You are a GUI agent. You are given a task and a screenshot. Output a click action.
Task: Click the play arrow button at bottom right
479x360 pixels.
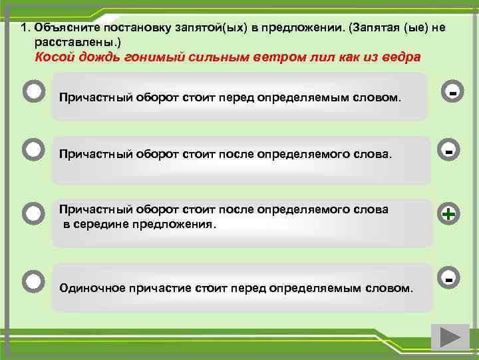pyautogui.click(x=450, y=337)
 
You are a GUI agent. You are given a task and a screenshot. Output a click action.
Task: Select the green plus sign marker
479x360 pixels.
pyautogui.click(x=449, y=214)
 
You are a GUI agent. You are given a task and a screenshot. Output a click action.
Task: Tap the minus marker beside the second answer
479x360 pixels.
pyautogui.click(x=449, y=152)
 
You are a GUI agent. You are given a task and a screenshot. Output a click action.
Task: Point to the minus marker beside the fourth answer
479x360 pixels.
pyautogui.click(x=449, y=278)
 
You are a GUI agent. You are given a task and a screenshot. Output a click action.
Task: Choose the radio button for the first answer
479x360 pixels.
pyautogui.click(x=33, y=91)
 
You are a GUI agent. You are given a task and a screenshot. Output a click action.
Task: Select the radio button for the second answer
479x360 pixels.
pyautogui.click(x=33, y=149)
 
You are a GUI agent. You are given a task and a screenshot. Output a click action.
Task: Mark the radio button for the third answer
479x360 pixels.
pyautogui.click(x=33, y=214)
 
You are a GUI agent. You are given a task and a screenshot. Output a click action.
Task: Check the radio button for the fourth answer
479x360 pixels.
pyautogui.click(x=33, y=281)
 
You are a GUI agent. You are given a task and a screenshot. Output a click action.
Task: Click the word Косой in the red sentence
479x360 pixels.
pyautogui.click(x=53, y=57)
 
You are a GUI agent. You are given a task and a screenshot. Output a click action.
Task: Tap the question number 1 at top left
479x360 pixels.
pyautogui.click(x=23, y=28)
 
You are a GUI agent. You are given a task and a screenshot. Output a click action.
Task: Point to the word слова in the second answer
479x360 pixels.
pyautogui.click(x=373, y=154)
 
